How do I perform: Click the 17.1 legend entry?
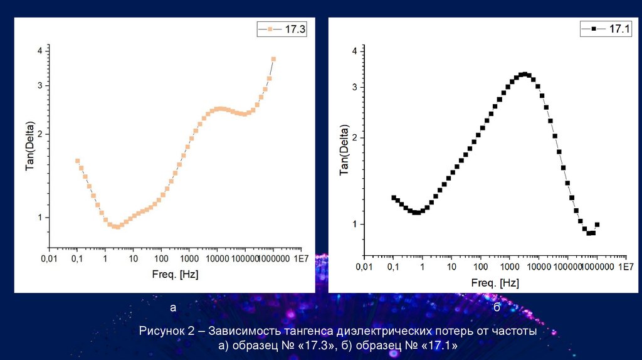coord(605,29)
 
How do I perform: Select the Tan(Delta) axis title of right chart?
coord(344,149)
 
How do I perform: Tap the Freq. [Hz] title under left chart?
coord(175,274)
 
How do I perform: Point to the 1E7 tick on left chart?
coord(301,258)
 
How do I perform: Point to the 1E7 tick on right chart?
coord(625,267)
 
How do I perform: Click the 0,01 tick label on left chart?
coord(49,258)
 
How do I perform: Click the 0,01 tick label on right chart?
coord(364,267)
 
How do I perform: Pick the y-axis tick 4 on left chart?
coord(39,51)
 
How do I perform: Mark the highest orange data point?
coord(273,59)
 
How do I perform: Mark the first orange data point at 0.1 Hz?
coord(78,161)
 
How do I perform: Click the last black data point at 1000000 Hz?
coord(597,225)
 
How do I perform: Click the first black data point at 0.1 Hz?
coord(394,198)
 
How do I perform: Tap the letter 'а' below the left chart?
coord(173,308)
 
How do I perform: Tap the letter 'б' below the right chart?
coord(497,307)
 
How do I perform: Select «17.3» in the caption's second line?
coord(319,346)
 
